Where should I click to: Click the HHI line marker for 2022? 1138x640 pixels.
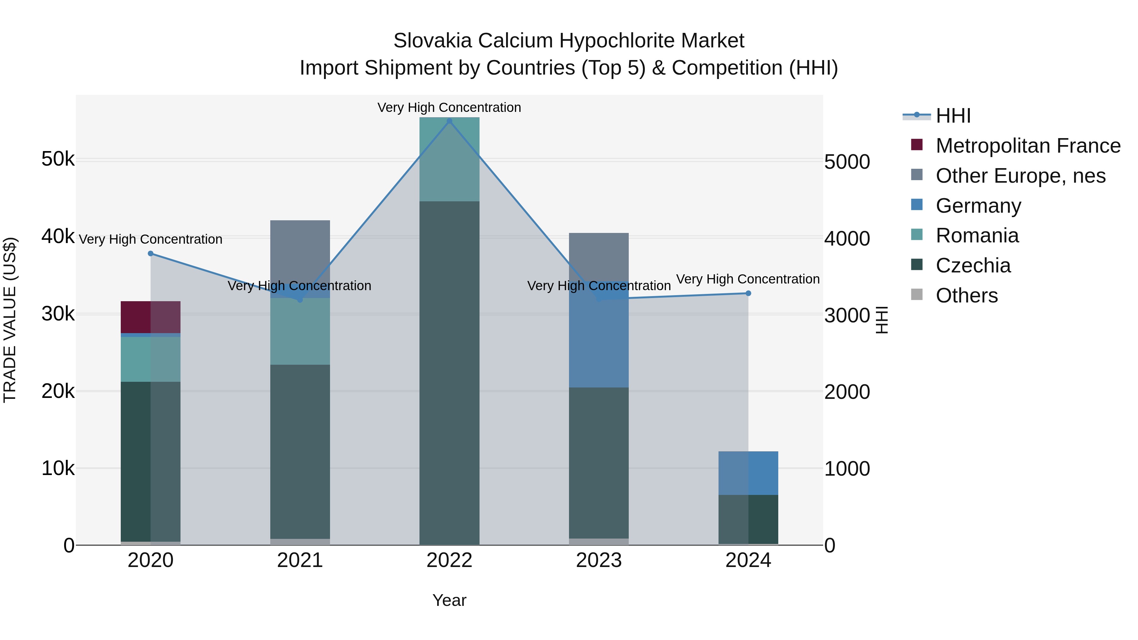click(x=449, y=121)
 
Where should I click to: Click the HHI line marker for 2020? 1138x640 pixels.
click(x=151, y=253)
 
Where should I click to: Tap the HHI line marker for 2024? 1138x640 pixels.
click(x=748, y=293)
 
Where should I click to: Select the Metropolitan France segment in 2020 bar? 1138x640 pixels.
click(x=151, y=317)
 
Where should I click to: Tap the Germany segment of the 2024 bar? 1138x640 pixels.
click(x=748, y=473)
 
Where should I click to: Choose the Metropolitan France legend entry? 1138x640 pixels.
click(x=1028, y=146)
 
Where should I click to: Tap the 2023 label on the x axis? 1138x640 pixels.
click(x=599, y=560)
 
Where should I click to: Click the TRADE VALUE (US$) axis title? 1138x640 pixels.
click(x=10, y=320)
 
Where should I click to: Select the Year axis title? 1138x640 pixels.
click(x=449, y=600)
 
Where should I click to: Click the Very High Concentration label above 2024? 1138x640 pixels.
click(x=748, y=279)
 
